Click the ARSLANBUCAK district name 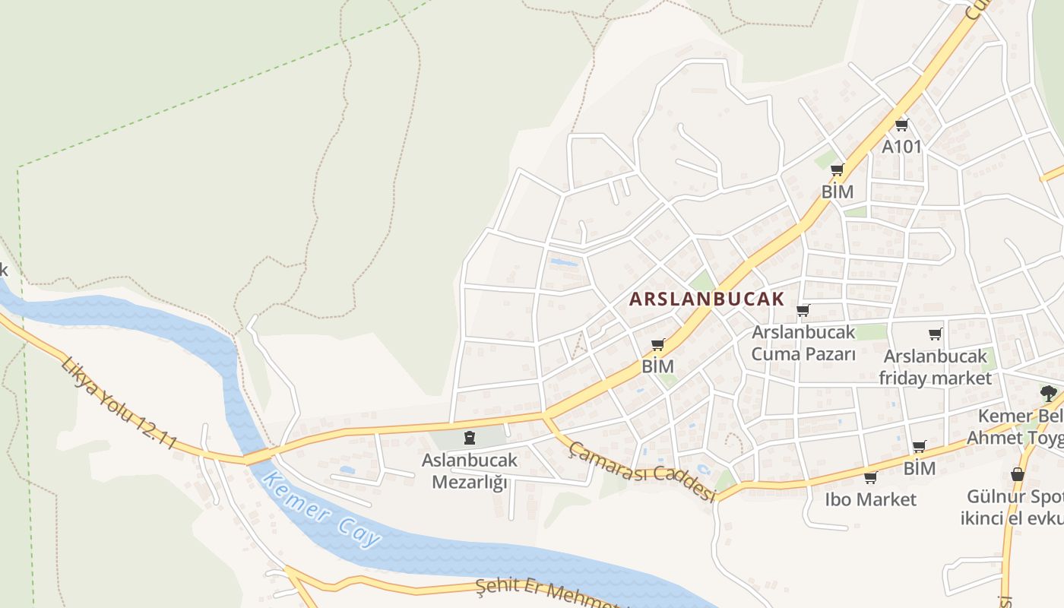coord(706,299)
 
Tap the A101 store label coord(901,146)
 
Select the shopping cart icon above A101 coord(901,125)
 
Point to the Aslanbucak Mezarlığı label coord(470,470)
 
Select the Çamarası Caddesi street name coord(642,472)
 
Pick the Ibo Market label coord(870,499)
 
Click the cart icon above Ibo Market coord(870,477)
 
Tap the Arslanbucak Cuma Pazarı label coord(803,343)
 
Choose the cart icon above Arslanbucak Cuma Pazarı coord(803,310)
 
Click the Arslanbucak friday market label coord(935,366)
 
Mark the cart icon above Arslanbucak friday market coord(936,334)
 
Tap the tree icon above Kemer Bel coord(1049,393)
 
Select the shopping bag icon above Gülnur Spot coord(1018,475)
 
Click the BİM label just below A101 coord(838,192)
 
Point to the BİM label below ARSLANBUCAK coord(657,366)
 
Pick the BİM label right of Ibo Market coord(919,468)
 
